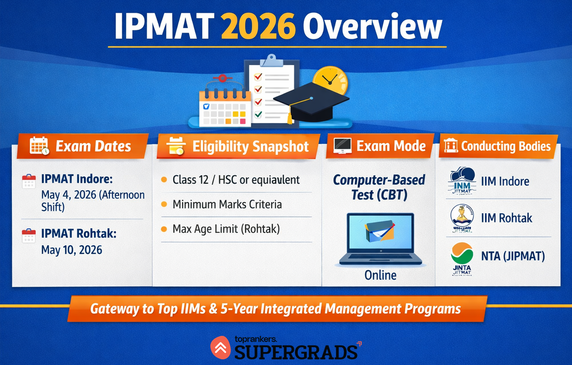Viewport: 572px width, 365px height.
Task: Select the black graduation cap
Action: pos(310,104)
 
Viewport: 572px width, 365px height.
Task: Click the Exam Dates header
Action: pos(93,147)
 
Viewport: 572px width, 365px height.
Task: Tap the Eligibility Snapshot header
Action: pos(250,147)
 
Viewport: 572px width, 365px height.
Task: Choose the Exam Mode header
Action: pos(391,147)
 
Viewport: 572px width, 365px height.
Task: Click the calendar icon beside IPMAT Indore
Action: pos(29,181)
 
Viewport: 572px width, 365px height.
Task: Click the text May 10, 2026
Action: pos(72,249)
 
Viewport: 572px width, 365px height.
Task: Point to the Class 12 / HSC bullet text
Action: pos(236,180)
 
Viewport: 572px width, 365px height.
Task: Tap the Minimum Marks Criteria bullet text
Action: pos(227,204)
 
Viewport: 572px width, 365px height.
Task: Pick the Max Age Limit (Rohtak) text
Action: pos(226,229)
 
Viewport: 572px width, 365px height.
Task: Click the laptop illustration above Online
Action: pos(380,238)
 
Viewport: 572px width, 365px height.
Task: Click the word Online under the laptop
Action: pos(380,275)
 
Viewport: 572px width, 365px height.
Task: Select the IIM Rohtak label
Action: pos(506,218)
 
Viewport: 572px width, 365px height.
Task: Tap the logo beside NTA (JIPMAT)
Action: pos(462,257)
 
